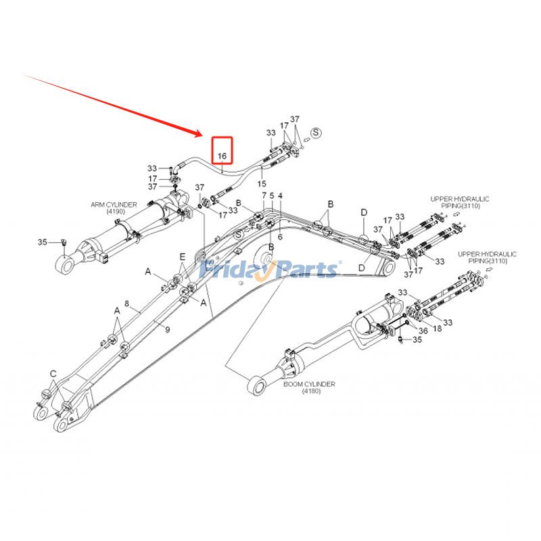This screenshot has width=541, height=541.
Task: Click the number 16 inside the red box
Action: pos(222,156)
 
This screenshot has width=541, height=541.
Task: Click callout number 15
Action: pos(262,183)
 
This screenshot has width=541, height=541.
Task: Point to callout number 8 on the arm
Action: pos(126,304)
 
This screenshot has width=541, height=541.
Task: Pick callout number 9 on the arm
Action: pos(168,329)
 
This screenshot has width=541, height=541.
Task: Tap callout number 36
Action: pos(424,331)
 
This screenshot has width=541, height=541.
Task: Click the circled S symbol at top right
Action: pos(315,132)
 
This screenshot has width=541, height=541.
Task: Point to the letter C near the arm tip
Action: pos(53,373)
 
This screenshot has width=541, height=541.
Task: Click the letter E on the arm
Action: pos(182,256)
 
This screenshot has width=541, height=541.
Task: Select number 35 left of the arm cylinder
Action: pos(42,241)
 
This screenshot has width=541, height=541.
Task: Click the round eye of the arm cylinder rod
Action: pos(66,265)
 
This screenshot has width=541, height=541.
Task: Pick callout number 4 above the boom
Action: pos(280,196)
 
